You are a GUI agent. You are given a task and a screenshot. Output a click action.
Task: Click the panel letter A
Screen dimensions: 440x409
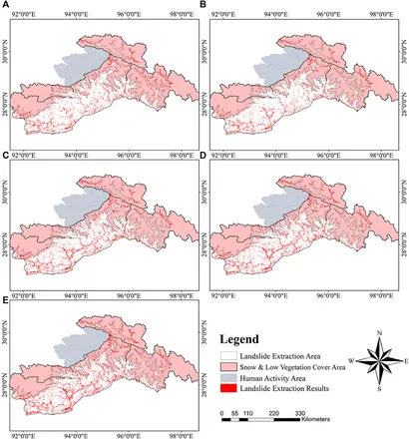tap(6, 6)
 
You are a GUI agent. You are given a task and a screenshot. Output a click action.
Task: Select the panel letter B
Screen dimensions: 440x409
tap(209, 6)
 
